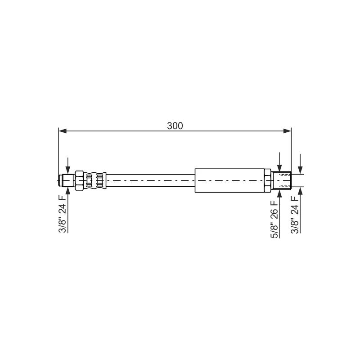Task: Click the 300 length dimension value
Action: (175, 126)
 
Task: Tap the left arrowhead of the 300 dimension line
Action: (63, 131)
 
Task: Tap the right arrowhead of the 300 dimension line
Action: (287, 131)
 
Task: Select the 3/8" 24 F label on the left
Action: (62, 214)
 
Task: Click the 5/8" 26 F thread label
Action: (274, 219)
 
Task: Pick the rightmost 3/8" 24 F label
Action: (295, 215)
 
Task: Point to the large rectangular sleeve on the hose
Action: (229, 180)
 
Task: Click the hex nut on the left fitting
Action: (79, 180)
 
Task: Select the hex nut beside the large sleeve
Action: (268, 180)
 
